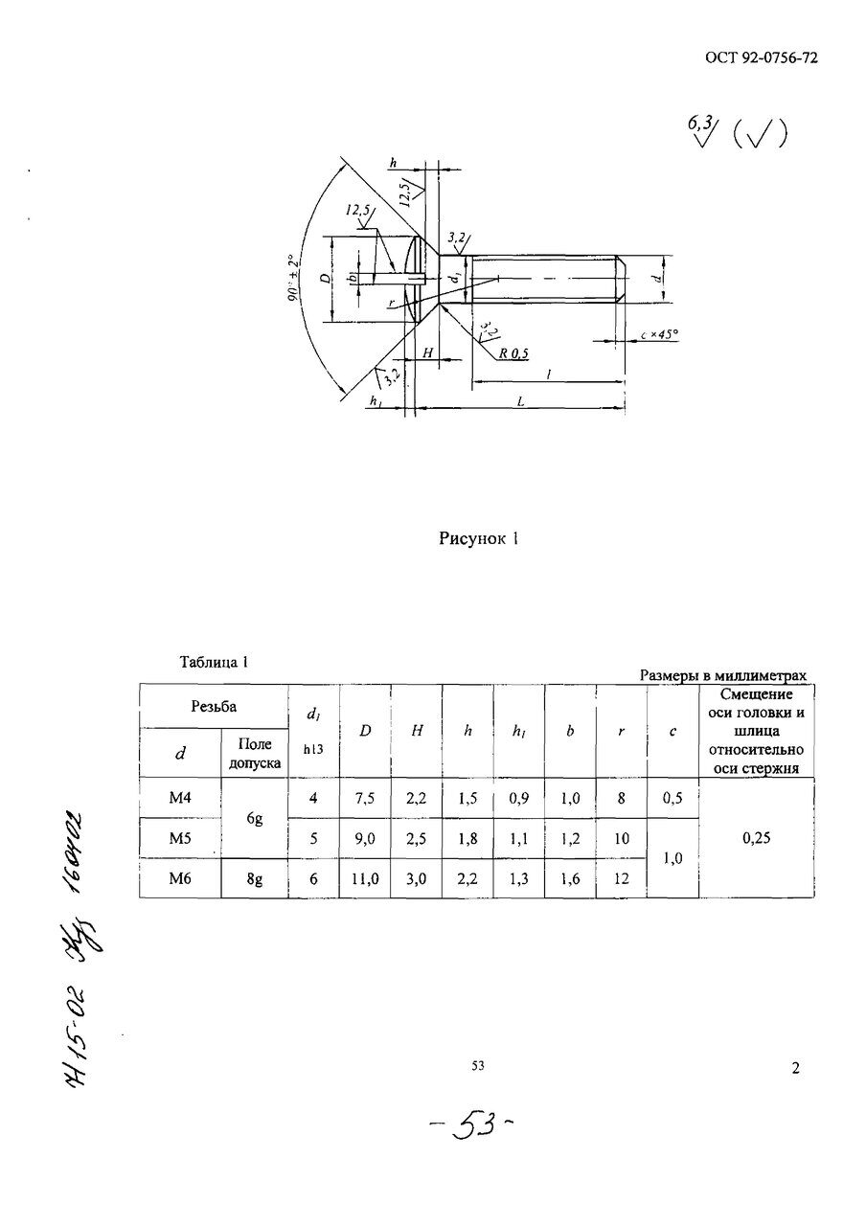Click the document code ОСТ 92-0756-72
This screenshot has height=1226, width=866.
(x=760, y=57)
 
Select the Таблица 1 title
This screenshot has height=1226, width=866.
(x=215, y=662)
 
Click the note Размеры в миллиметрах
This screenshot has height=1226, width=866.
(x=723, y=675)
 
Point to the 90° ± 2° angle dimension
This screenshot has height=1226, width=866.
(x=291, y=279)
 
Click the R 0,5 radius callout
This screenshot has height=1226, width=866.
(x=513, y=353)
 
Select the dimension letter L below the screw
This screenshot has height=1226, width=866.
(x=520, y=403)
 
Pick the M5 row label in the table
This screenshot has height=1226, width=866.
(x=180, y=837)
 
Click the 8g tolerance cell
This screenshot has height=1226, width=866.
(x=254, y=877)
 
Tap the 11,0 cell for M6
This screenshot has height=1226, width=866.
(x=365, y=877)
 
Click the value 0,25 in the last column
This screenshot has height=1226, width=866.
(x=758, y=837)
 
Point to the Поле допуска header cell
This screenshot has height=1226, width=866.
(x=254, y=754)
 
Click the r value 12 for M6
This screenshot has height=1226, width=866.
(x=621, y=877)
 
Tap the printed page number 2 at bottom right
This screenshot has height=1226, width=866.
(x=795, y=1069)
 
